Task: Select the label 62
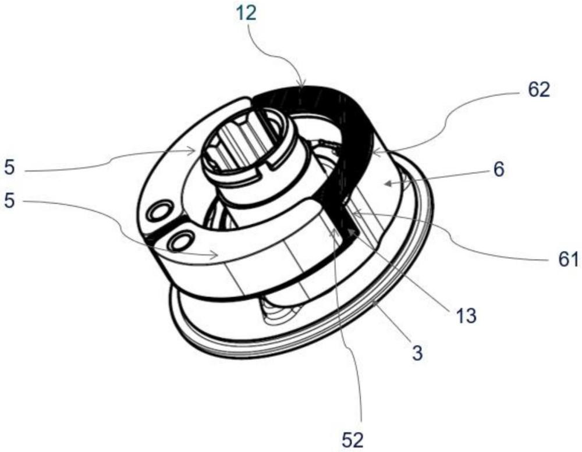(536, 91)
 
